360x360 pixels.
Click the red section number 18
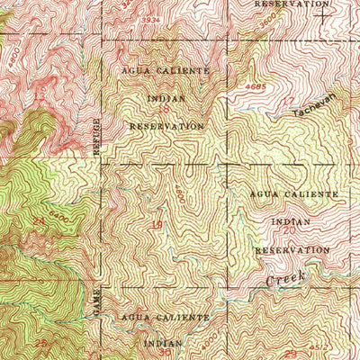[x=164, y=109]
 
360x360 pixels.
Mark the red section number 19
[x=157, y=224]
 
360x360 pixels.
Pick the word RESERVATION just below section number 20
[x=292, y=249]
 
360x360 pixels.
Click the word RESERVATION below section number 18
[x=166, y=127]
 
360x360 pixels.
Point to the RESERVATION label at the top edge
[x=291, y=4]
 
